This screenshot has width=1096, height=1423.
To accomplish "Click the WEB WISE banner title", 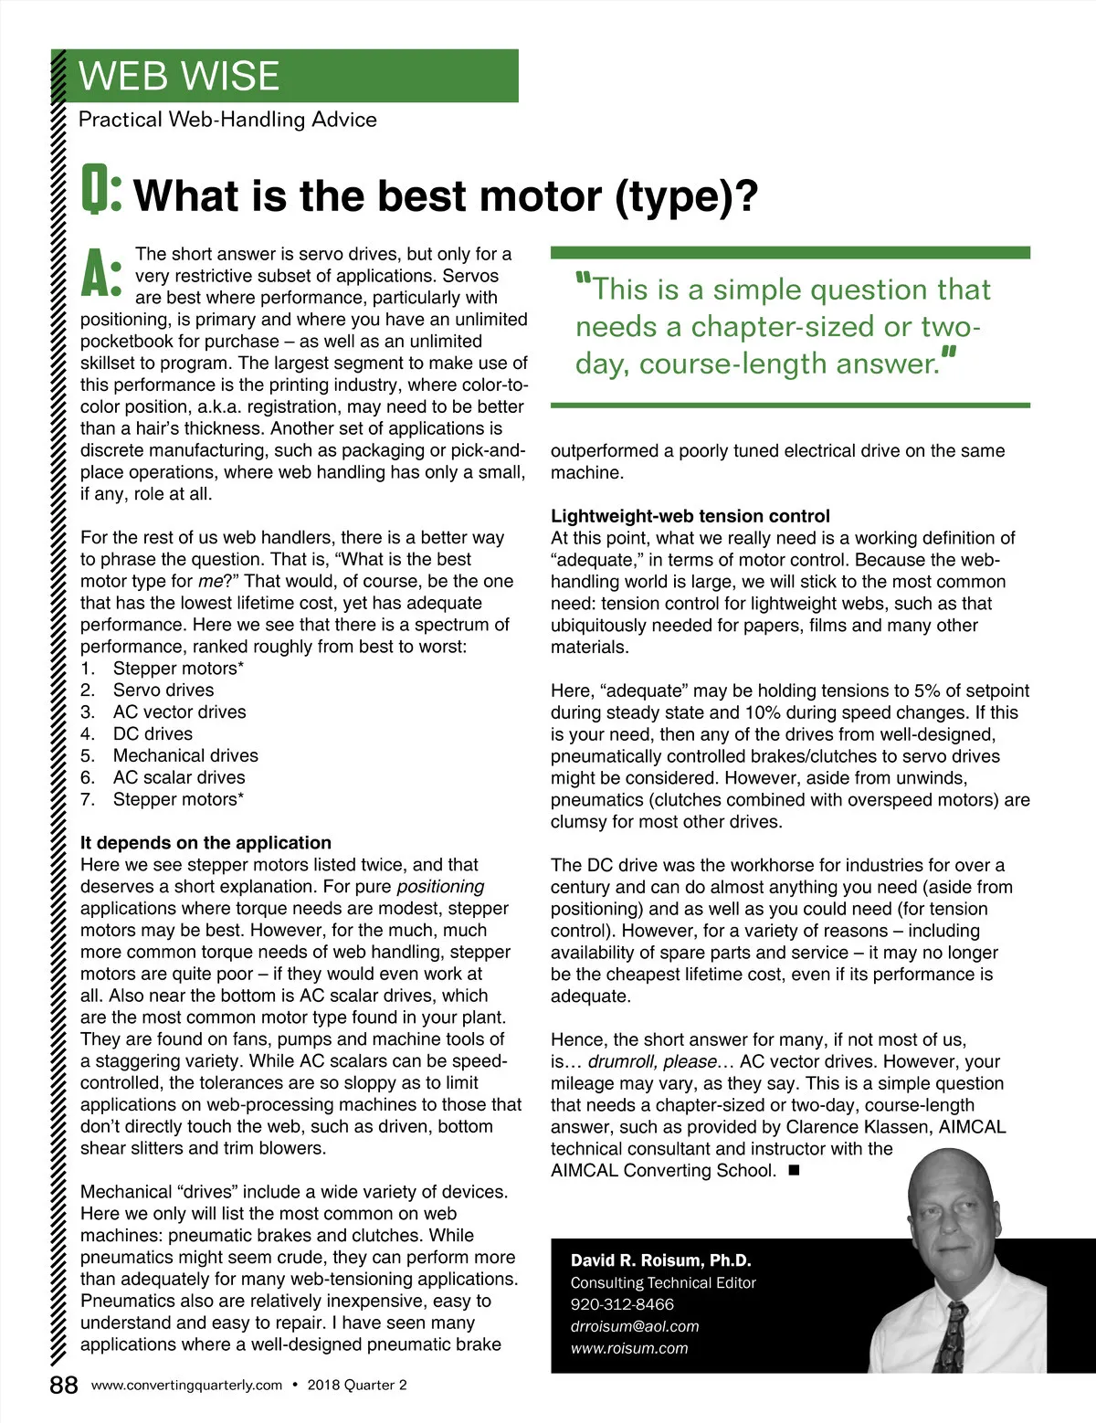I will click(179, 76).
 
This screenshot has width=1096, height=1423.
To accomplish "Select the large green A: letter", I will click(100, 273).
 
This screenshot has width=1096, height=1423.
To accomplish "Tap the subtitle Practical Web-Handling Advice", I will click(227, 120).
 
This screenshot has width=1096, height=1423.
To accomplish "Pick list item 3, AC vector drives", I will click(179, 712).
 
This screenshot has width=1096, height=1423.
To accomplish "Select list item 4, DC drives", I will click(153, 734).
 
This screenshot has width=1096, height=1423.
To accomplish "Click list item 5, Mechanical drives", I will click(185, 756).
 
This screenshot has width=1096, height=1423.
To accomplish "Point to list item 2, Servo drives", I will click(163, 690).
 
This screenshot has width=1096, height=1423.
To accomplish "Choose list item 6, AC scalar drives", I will click(179, 778).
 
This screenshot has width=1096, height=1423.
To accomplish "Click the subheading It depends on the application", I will click(205, 843).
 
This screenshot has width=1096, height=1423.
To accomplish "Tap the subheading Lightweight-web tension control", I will click(690, 516).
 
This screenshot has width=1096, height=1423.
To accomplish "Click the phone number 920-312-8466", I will click(622, 1304).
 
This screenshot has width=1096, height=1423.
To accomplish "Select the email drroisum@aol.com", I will click(635, 1326).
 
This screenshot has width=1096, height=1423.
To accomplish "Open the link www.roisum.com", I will click(629, 1348).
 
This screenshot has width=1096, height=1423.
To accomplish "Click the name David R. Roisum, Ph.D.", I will click(660, 1260).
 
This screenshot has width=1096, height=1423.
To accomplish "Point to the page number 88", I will click(64, 1386).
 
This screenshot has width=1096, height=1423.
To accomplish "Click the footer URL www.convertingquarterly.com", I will click(187, 1386).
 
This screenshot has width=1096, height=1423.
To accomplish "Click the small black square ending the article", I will click(793, 1170).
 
